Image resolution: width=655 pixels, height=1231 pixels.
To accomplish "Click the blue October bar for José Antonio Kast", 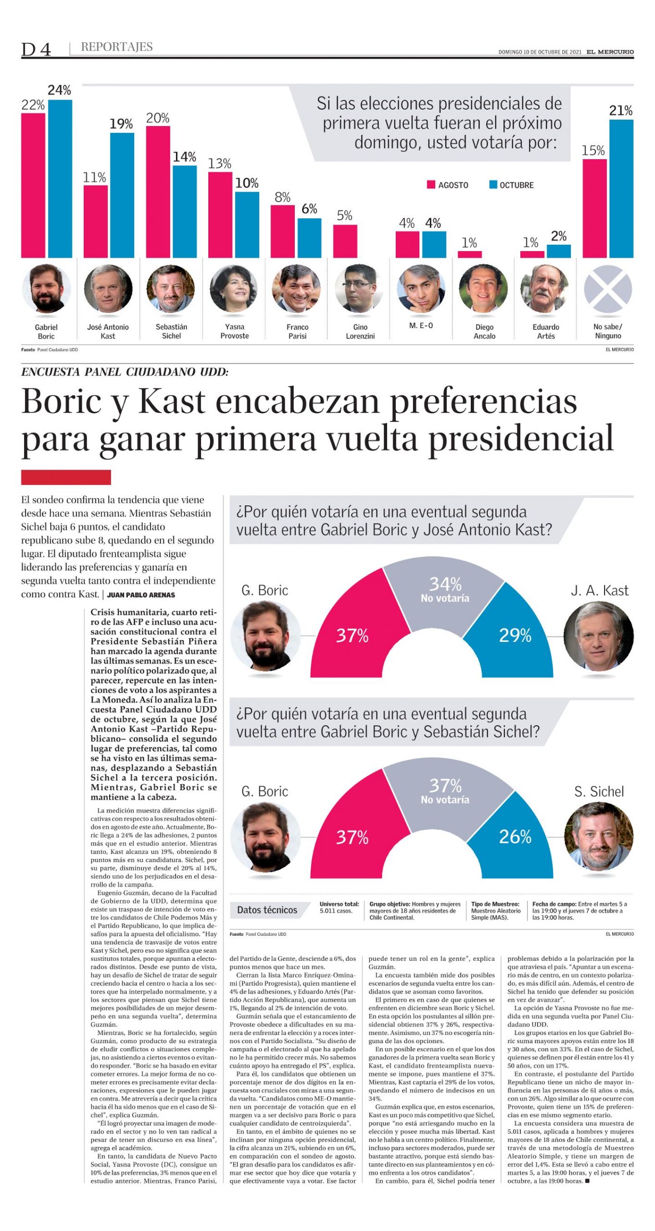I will tap(122, 195).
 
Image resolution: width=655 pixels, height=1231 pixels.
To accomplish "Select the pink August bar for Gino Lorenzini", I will tap(345, 241).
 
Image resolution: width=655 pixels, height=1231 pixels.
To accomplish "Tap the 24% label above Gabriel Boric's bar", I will tap(59, 90).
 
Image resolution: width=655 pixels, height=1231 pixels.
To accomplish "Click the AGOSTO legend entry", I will tap(448, 185).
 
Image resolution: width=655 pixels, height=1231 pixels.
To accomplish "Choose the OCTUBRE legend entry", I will tap(511, 185).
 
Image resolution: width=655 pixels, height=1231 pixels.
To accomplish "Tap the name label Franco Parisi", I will tap(297, 331).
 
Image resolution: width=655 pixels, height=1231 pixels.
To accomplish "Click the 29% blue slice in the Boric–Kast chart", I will tap(515, 635).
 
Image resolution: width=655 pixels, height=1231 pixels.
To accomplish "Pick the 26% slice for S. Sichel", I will tap(515, 837).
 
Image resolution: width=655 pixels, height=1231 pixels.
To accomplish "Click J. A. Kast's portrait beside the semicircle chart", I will tap(598, 637).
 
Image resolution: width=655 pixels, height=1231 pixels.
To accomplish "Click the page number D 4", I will tap(36, 49).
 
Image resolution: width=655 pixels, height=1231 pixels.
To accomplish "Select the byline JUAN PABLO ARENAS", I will tap(141, 595).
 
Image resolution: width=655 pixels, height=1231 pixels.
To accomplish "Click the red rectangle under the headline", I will tap(66, 477).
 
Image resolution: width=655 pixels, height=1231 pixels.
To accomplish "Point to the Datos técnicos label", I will tap(267, 910).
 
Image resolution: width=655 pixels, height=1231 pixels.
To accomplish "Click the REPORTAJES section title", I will tap(117, 47).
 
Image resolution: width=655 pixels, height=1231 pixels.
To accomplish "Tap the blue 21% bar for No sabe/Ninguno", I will tap(621, 188).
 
